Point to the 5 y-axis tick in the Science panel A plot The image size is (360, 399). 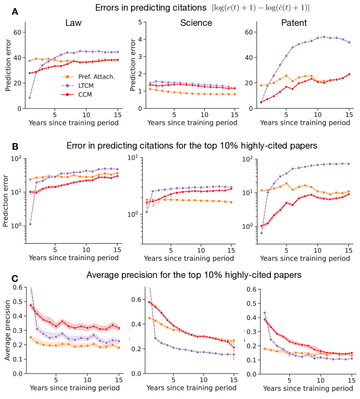[138, 22]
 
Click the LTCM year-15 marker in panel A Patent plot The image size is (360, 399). [349, 42]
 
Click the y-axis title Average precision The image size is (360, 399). [7, 330]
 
